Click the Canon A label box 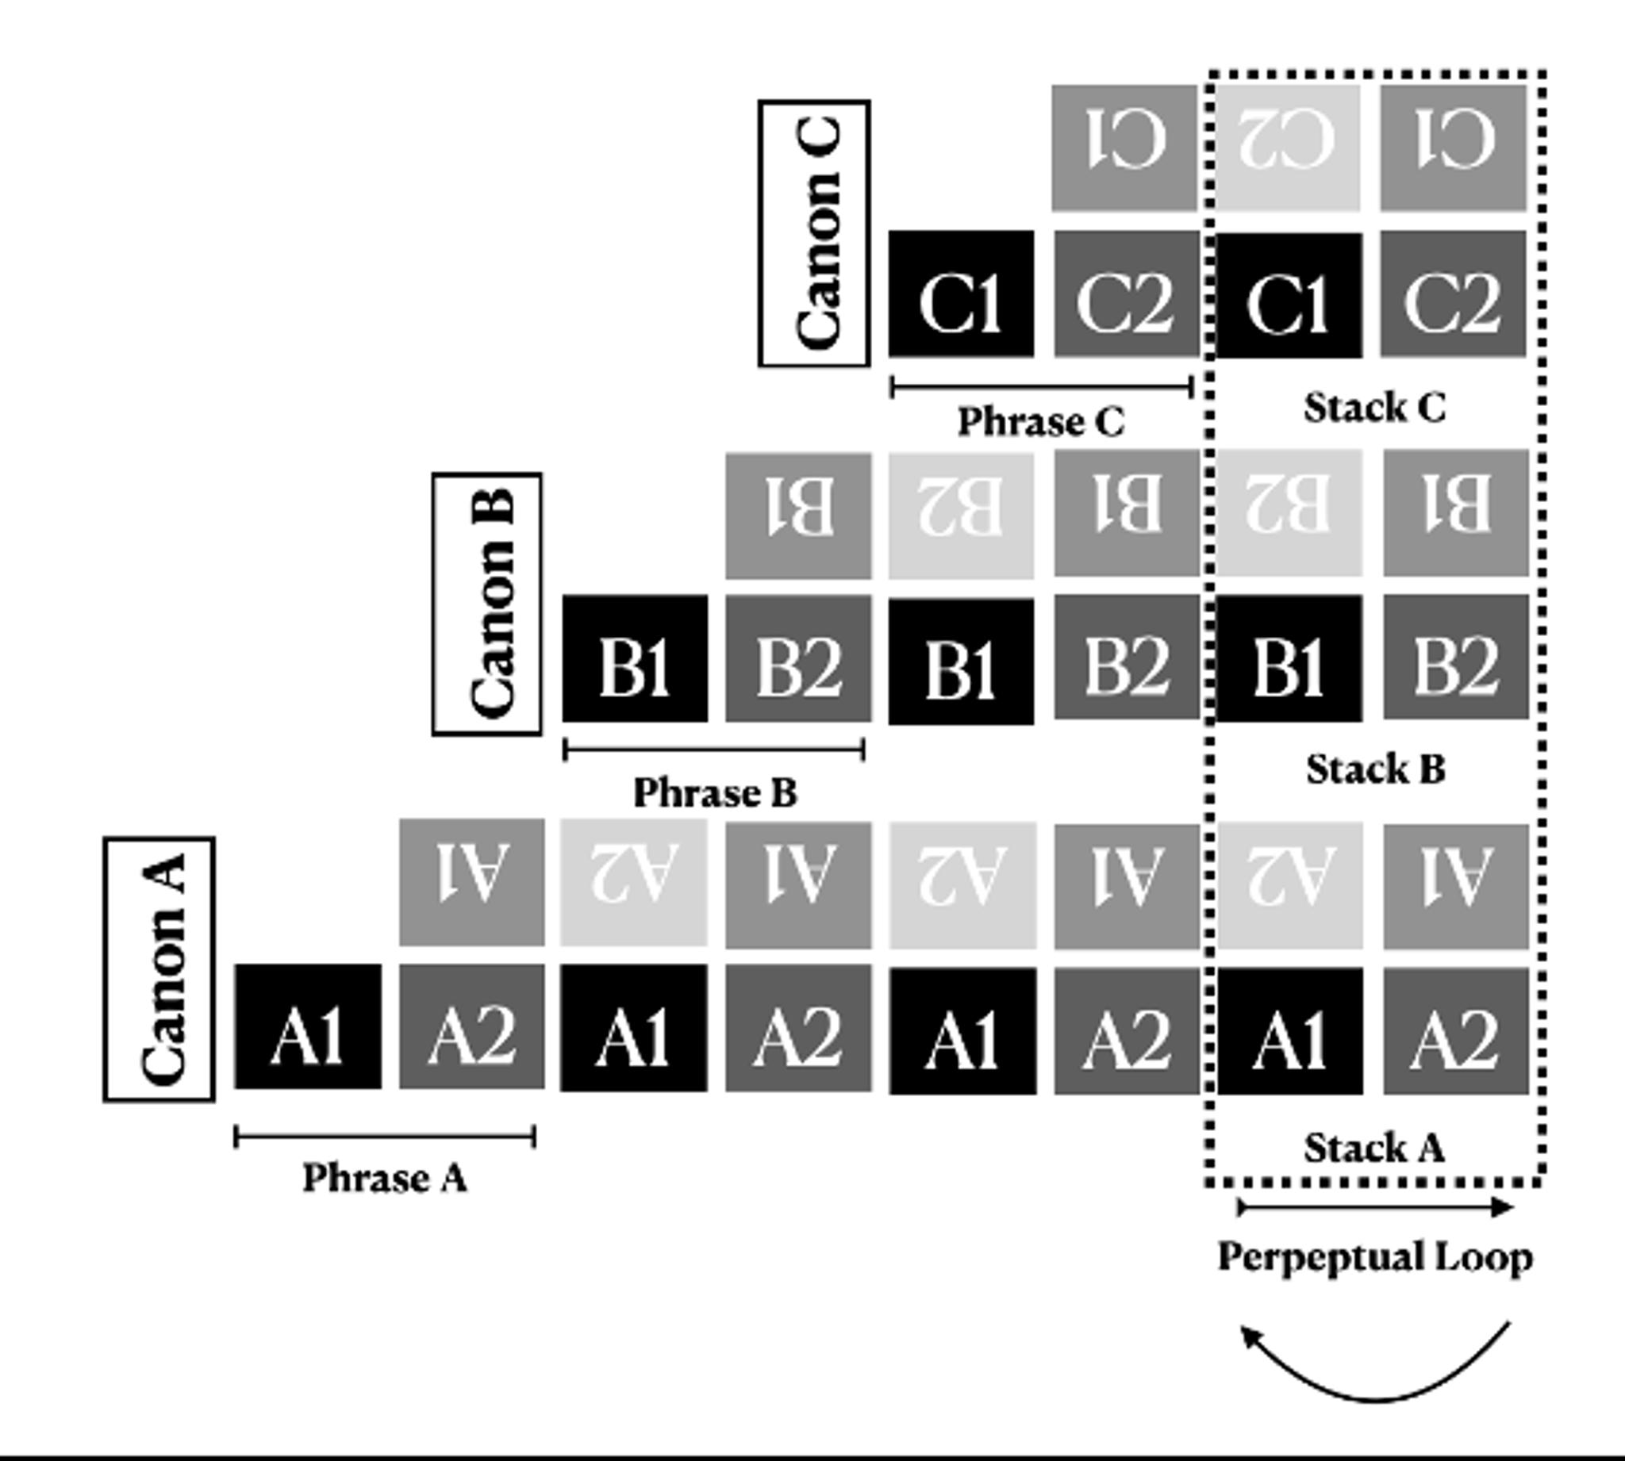(159, 969)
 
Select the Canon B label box (487, 604)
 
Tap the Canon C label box (814, 234)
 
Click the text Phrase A (385, 1179)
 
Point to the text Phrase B (715, 793)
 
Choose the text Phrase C (1040, 421)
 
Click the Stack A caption (1373, 1147)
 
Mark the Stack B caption (1375, 769)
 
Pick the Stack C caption (1373, 407)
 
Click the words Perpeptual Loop (1374, 1257)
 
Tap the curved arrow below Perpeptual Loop (1374, 1375)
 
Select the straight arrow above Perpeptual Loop (1374, 1206)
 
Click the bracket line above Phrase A (385, 1137)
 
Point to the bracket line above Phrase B (714, 750)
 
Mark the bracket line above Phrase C (1041, 388)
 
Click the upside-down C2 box (1287, 148)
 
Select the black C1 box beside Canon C (961, 293)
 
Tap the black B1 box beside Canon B (634, 658)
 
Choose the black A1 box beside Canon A (308, 1026)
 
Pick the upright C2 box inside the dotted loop (1452, 293)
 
